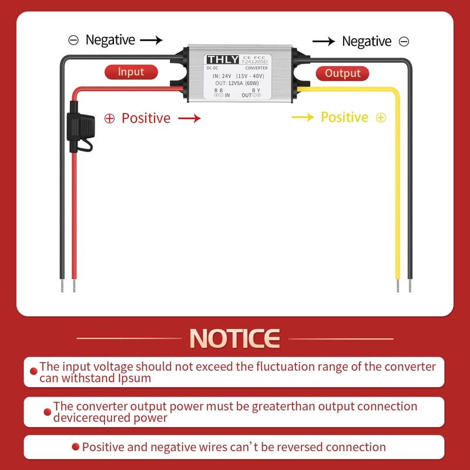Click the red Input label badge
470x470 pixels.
tap(131, 72)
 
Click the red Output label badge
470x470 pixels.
tap(343, 73)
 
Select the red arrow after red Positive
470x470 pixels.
tap(189, 118)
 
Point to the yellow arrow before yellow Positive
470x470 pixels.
tap(303, 117)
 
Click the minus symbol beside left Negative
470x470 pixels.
tap(73, 40)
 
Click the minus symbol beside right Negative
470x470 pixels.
tap(404, 41)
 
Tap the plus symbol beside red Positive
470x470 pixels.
tap(109, 118)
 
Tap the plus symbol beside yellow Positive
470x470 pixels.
tap(381, 117)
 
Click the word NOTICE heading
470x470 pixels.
tap(235, 338)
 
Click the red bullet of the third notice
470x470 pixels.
tap(75, 448)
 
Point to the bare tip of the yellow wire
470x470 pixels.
tap(398, 286)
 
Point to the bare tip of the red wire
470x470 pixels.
tap(74, 286)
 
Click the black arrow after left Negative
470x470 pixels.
tap(151, 40)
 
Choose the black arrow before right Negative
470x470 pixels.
tap(324, 41)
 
